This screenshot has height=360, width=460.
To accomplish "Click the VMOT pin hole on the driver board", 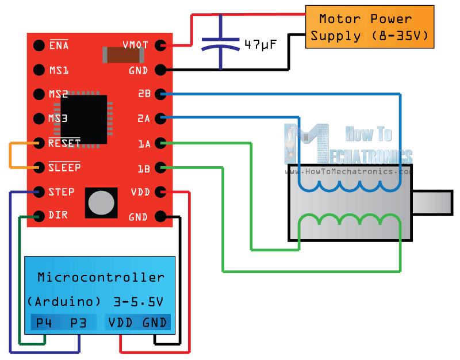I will point(160,45).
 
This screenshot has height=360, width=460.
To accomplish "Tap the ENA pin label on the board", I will point(59,45).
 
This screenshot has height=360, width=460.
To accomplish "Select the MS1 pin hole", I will point(39,70).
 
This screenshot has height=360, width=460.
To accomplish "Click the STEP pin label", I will point(62,192).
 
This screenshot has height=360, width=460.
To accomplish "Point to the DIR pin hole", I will point(39,216).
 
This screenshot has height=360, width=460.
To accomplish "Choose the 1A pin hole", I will point(160,143).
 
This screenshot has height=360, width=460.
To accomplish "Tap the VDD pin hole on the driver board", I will point(160,192).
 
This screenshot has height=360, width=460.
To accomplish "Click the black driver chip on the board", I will point(83,120).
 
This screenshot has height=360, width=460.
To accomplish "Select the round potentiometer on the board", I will point(101,203).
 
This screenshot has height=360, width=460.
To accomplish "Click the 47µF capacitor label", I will point(259,44).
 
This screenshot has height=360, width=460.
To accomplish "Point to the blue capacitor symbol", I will point(221,45).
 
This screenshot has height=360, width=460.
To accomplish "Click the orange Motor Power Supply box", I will point(369,27).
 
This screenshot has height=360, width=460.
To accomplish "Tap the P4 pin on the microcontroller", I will point(44,323).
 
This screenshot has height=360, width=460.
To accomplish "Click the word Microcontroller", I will point(101,277).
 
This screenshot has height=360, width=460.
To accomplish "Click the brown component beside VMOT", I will point(122,54).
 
